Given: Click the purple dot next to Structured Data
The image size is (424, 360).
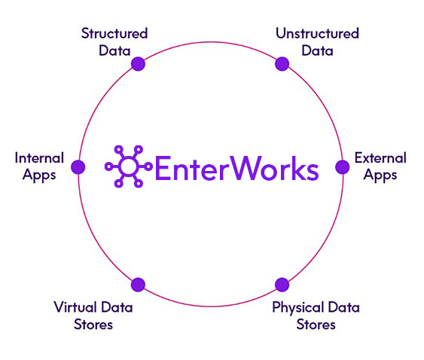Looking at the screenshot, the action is click(x=138, y=64).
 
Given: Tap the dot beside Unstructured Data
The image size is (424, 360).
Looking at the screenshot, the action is click(x=282, y=64).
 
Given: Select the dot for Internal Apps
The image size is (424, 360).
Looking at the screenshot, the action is click(x=78, y=167).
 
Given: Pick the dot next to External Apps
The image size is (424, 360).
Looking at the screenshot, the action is click(x=343, y=167).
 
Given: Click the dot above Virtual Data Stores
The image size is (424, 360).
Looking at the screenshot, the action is click(x=138, y=285).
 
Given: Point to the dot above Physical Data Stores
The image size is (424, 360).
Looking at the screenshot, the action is click(x=282, y=285).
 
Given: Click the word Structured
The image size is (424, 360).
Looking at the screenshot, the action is click(x=114, y=34).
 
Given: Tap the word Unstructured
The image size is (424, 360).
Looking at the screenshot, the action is click(x=318, y=34).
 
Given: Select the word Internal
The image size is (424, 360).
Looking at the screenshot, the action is click(x=39, y=158).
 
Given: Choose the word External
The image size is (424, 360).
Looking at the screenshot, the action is click(x=380, y=158).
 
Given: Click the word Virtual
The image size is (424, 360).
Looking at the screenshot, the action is click(x=75, y=307).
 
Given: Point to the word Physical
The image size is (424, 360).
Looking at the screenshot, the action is click(x=298, y=308).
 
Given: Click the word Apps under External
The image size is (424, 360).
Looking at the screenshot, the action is click(x=380, y=175).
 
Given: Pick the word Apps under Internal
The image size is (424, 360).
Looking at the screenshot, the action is click(x=39, y=175).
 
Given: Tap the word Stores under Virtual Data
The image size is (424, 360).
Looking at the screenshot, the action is click(x=93, y=325).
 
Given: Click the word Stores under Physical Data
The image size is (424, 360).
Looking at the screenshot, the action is click(x=316, y=325).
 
